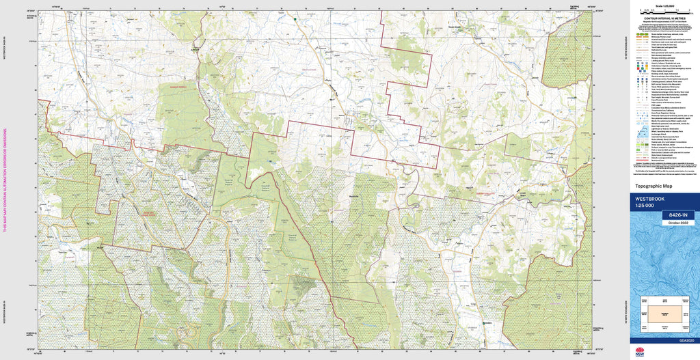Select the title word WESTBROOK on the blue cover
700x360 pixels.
[649, 199]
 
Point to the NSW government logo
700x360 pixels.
[640, 352]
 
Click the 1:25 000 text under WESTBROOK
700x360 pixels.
[645, 206]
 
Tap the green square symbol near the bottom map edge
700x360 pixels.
[483, 322]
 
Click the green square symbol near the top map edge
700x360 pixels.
[295, 19]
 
